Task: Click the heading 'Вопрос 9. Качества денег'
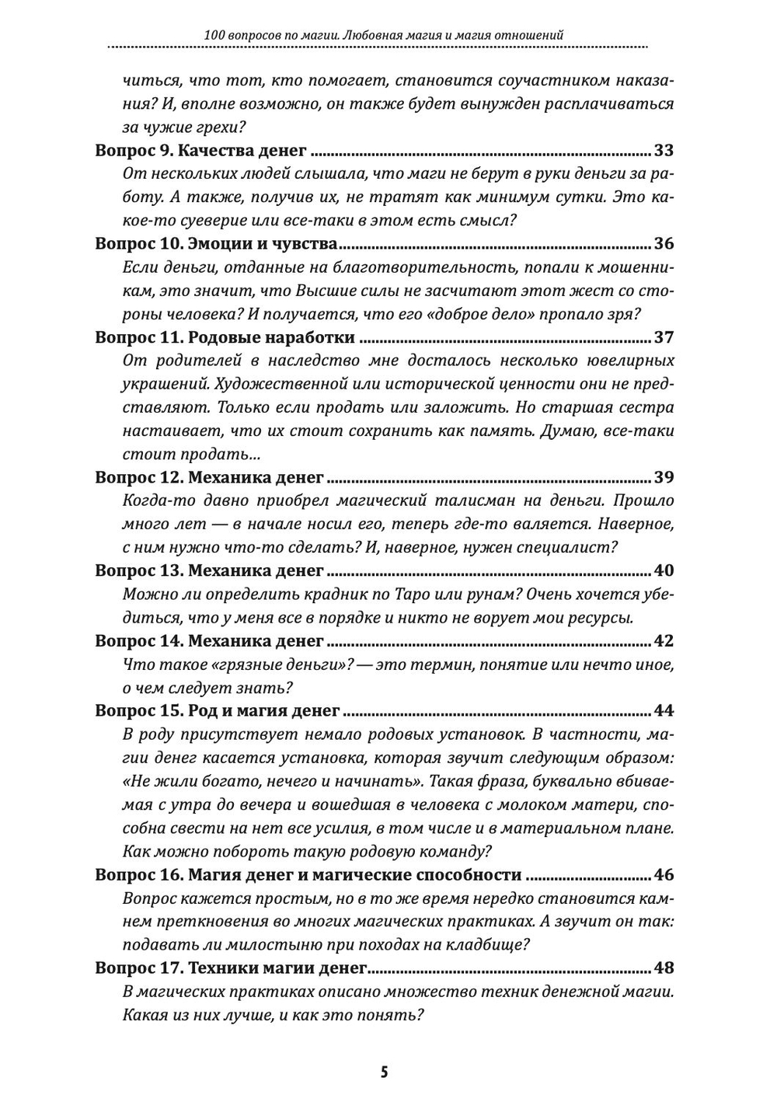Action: pos(200,151)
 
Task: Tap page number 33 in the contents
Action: pos(664,151)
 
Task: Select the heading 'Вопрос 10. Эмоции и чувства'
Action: pos(216,244)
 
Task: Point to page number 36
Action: pos(664,244)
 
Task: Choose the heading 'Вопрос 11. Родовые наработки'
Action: pos(225,337)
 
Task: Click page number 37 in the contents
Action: pos(664,337)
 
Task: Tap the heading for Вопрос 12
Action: pos(209,477)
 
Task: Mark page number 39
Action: pos(664,477)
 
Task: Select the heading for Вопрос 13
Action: pos(209,570)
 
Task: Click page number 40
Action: pos(664,570)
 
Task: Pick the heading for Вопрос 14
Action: pos(209,641)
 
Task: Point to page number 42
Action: pos(664,641)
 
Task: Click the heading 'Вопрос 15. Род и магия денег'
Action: pos(218,711)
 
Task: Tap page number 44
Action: pos(664,711)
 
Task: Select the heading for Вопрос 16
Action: pos(308,875)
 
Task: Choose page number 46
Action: pos(664,875)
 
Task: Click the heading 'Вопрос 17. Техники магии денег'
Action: pos(231,968)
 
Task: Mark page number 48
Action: pos(664,968)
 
